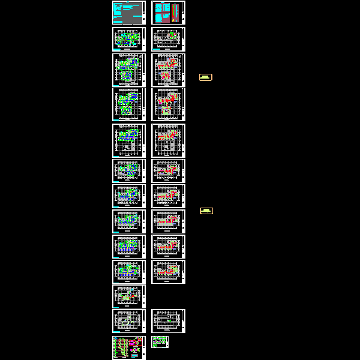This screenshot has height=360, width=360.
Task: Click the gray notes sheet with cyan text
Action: [x=127, y=12]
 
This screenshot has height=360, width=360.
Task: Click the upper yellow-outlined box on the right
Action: [x=206, y=77]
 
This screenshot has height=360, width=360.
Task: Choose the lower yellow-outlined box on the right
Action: [x=206, y=211]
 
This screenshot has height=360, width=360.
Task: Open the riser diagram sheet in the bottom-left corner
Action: [x=128, y=347]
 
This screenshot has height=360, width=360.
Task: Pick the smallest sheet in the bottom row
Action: [x=160, y=342]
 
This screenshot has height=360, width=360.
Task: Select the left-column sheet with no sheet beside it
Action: [x=128, y=296]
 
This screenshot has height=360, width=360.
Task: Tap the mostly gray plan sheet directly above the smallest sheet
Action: [x=168, y=321]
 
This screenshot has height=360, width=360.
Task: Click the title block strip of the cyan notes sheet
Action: [x=144, y=12]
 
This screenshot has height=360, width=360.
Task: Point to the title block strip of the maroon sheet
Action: [x=183, y=12]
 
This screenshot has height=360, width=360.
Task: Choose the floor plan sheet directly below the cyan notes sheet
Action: [x=128, y=38]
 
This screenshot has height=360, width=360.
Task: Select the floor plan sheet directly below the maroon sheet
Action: [x=168, y=38]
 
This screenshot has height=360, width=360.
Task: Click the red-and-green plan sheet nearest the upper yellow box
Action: [x=168, y=70]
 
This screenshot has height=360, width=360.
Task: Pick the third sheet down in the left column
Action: [x=128, y=70]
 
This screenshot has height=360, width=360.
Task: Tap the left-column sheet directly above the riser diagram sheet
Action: [x=128, y=321]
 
